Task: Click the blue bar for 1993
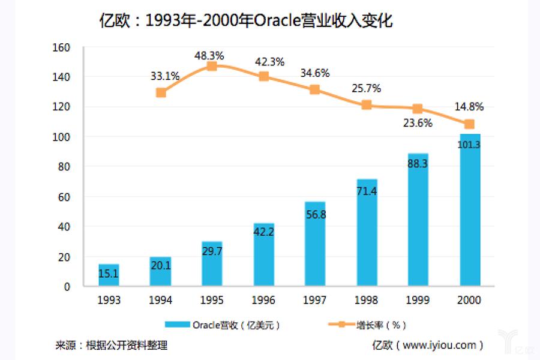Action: tap(109, 275)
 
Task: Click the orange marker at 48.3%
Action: tap(212, 66)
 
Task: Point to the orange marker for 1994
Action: tap(161, 92)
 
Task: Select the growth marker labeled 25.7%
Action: tap(367, 105)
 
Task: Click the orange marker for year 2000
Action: tap(470, 124)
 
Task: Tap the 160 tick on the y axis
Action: tap(62, 47)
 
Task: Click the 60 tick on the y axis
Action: tap(64, 197)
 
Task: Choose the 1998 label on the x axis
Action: tap(367, 300)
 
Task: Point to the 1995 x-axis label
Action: tap(212, 300)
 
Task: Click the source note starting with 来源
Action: tap(111, 345)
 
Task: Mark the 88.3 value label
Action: tap(418, 163)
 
